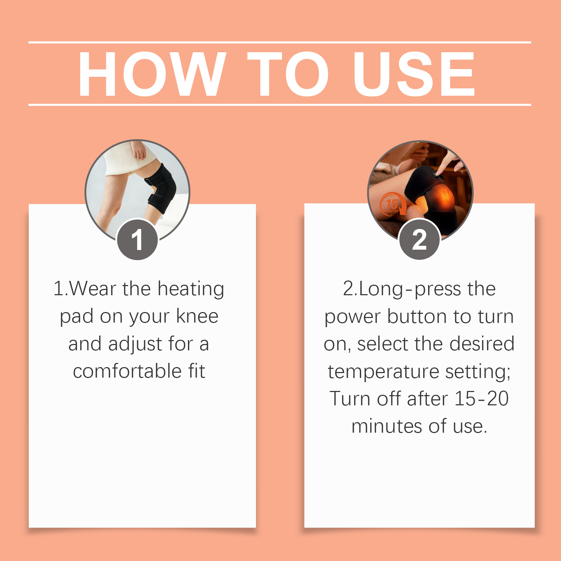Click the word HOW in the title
pyautogui.click(x=152, y=74)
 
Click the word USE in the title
pyautogui.click(x=414, y=74)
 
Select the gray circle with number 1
pyautogui.click(x=137, y=239)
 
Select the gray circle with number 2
pyautogui.click(x=419, y=239)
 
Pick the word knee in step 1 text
pyautogui.click(x=197, y=316)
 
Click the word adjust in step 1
pyautogui.click(x=135, y=344)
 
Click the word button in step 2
pyautogui.click(x=417, y=316)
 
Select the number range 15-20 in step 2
pyautogui.click(x=481, y=399)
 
